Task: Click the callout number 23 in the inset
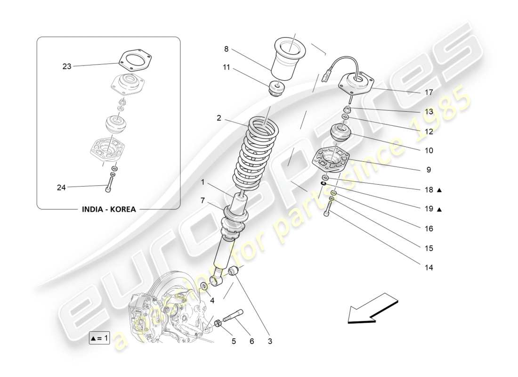click(66, 66)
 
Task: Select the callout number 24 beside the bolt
click(61, 188)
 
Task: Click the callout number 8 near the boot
click(226, 49)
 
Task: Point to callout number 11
click(226, 67)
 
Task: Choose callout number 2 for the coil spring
click(219, 118)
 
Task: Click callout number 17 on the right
click(428, 93)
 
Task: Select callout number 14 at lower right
click(428, 267)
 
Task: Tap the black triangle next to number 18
click(439, 190)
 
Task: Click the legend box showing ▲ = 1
click(99, 338)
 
